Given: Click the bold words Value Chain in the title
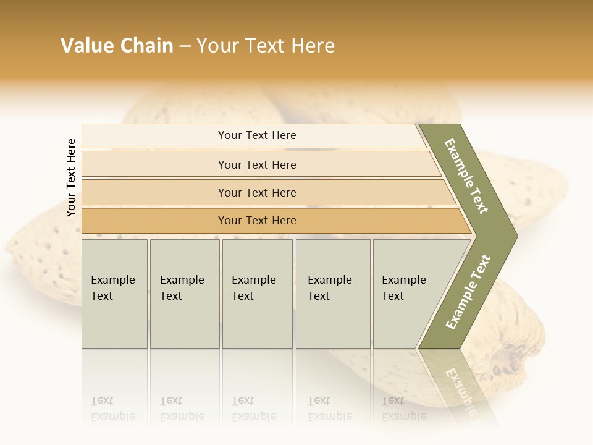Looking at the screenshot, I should (117, 46).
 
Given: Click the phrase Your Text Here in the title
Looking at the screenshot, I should (266, 46).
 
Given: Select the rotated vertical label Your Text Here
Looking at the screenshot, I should (71, 177).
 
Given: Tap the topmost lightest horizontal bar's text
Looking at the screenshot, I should (257, 135).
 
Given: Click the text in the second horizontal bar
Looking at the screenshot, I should (257, 165).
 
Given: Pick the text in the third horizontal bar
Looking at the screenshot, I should (257, 193).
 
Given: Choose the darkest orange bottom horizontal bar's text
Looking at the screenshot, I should (257, 221).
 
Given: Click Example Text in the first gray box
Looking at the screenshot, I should (112, 288).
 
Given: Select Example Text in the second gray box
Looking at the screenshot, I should (182, 288).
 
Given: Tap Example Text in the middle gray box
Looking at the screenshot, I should (253, 288).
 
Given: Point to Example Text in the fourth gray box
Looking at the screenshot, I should (329, 288).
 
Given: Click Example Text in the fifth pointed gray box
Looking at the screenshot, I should (403, 288).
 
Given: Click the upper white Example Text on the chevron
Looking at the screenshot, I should (466, 176).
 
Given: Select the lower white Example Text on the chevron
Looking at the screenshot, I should (468, 292).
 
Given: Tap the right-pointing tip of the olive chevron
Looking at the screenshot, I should (516, 235).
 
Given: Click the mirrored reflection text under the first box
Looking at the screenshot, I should (112, 409).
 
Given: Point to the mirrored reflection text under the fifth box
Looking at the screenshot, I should (403, 409).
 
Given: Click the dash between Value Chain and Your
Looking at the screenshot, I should (185, 46).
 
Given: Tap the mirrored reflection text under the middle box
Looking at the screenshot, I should (253, 409).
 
